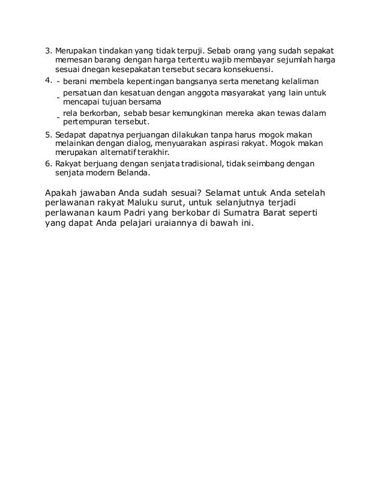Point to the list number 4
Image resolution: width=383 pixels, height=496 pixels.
click(x=49, y=80)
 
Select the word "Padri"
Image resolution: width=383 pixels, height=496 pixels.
click(x=151, y=214)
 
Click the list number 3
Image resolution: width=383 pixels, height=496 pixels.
click(x=49, y=50)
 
